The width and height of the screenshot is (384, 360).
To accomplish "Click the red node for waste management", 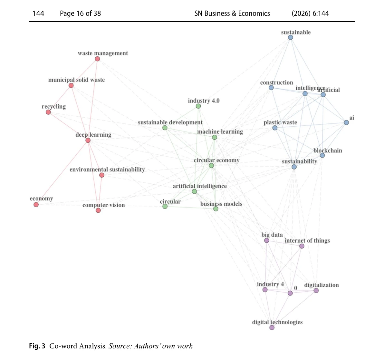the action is (98, 59).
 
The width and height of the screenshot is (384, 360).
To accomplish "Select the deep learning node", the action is (88, 141).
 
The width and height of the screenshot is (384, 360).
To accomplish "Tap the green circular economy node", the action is (211, 166).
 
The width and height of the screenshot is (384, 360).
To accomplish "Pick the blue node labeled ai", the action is (346, 122).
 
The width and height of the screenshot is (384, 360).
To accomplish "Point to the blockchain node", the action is (322, 155).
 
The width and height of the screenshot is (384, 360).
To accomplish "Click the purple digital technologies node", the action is (272, 328).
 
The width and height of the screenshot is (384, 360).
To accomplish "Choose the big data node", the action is (267, 241).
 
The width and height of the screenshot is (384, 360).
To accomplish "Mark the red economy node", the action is (36, 205).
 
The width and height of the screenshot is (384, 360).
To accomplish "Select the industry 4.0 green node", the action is (198, 106).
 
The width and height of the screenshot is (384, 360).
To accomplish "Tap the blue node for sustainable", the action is (291, 37).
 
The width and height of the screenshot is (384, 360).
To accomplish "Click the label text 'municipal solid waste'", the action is (76, 80).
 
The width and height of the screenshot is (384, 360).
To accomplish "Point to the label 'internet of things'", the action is (307, 241).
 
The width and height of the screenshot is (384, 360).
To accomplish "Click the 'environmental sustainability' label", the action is (107, 170).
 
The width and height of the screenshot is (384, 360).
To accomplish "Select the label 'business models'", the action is (221, 204).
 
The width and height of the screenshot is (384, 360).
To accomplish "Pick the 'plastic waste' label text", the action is (280, 122).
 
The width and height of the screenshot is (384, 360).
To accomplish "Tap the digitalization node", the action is (316, 291).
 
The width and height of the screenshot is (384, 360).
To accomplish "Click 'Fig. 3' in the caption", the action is (37, 346).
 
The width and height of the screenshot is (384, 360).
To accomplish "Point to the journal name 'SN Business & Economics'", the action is (232, 14).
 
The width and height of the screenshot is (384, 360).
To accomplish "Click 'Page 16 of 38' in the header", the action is (80, 14).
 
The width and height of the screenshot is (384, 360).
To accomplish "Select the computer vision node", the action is (98, 210).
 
